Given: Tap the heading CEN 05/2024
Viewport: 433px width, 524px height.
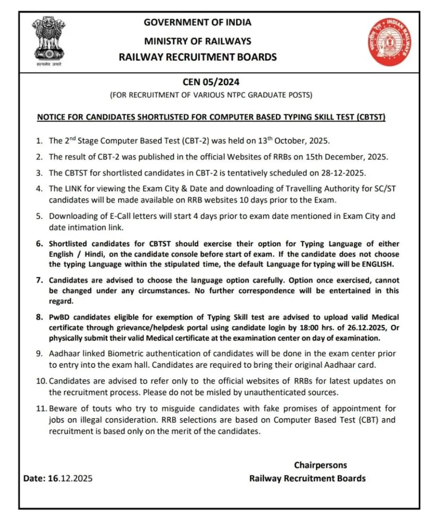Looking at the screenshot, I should [x=211, y=82].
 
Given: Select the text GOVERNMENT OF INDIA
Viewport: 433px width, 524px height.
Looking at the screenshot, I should [x=198, y=22].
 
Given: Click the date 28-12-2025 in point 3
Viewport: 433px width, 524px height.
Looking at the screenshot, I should [x=342, y=172].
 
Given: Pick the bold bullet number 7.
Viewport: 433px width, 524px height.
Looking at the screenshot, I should [x=39, y=280].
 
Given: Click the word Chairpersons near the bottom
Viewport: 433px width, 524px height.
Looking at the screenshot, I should [x=320, y=465].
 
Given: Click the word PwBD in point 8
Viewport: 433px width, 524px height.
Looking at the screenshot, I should [x=59, y=317].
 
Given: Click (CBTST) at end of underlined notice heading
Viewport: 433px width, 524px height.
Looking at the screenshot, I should [x=371, y=118].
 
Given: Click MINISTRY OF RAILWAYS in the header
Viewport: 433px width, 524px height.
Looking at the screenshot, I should [x=198, y=41].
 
